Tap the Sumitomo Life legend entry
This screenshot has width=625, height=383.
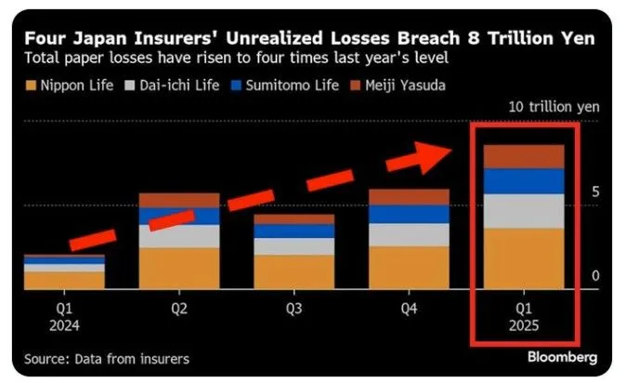click(303, 86)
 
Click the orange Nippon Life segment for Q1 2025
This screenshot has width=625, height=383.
click(524, 258)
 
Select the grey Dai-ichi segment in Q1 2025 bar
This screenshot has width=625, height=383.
click(524, 211)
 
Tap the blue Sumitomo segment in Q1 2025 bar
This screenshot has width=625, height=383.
click(524, 181)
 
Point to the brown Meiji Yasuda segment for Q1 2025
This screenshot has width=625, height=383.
click(524, 156)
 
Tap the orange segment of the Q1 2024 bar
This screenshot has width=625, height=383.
click(64, 279)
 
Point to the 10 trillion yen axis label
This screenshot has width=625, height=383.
click(553, 106)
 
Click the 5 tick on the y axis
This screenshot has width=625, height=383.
click(597, 191)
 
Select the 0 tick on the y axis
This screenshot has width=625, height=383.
click(597, 276)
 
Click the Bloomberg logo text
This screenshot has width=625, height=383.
click(562, 357)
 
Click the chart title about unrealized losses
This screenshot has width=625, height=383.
click(308, 39)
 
